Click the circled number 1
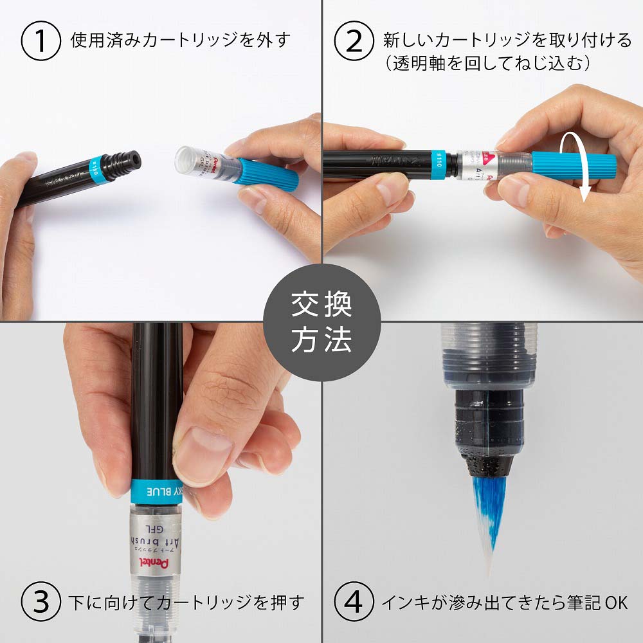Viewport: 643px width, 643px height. pyautogui.click(x=41, y=40)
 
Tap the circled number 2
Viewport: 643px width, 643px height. pyautogui.click(x=354, y=40)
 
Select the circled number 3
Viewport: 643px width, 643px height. pyautogui.click(x=41, y=602)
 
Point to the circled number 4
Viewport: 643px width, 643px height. pyautogui.click(x=354, y=602)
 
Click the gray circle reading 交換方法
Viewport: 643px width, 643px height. pyautogui.click(x=321, y=321)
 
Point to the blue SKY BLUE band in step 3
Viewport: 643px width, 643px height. pyautogui.click(x=158, y=492)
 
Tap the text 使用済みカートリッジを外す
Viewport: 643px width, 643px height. pyautogui.click(x=180, y=40)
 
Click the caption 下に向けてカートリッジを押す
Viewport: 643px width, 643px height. pyautogui.click(x=186, y=602)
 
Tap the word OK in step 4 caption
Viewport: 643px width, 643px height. pyautogui.click(x=615, y=602)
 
